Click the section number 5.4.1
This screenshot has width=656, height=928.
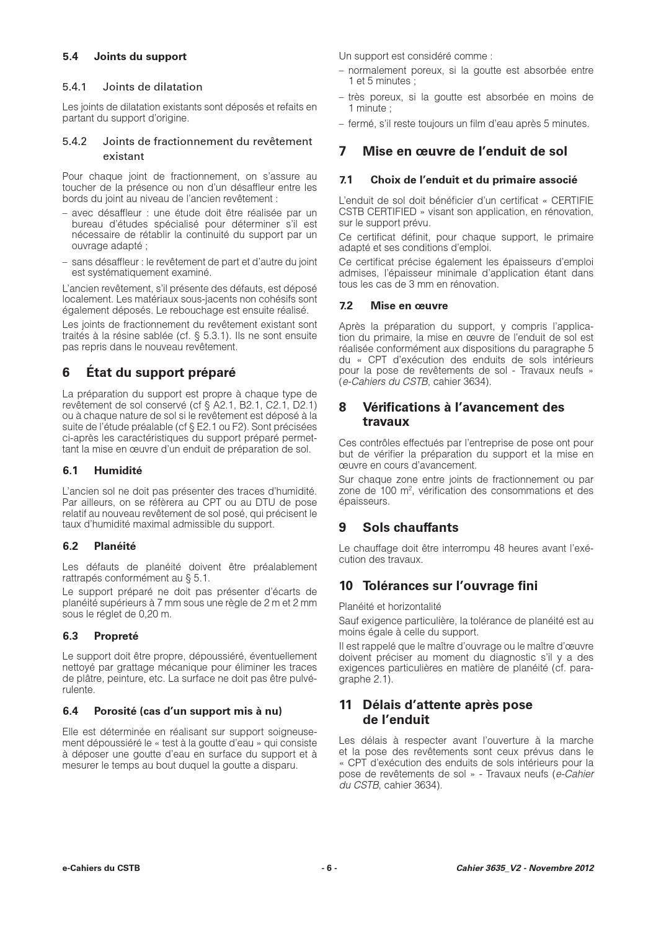[x=74, y=87]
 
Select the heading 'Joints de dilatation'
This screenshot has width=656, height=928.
[x=153, y=87]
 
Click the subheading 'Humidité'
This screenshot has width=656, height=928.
[x=118, y=471]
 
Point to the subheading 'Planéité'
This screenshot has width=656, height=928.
[x=115, y=546]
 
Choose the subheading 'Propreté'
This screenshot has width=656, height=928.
[x=116, y=636]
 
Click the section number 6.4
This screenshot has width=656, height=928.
[x=70, y=710]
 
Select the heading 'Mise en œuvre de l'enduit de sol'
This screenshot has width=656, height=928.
[x=464, y=151]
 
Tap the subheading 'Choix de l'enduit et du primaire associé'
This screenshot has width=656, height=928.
[x=474, y=180]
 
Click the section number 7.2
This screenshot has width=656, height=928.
[x=346, y=306]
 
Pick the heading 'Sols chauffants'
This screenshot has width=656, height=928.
[x=410, y=528]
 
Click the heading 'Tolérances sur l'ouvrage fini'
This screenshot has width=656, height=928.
[x=450, y=586]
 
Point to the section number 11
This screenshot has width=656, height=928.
[x=345, y=705]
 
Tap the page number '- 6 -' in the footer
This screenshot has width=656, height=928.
[x=329, y=868]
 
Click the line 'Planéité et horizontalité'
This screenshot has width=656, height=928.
[x=390, y=606]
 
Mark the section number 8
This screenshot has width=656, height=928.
[x=342, y=407]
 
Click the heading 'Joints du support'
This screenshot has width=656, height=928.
[x=140, y=56]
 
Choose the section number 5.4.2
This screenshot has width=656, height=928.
[x=74, y=141]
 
